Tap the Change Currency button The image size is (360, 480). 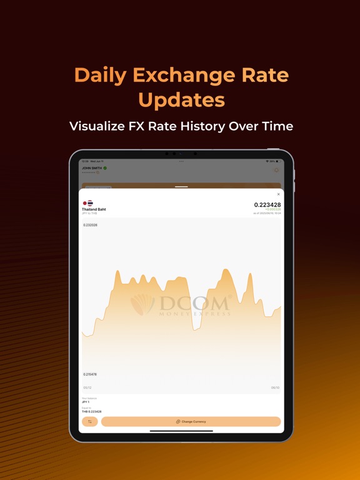[191, 422]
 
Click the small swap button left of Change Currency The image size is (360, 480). [89, 422]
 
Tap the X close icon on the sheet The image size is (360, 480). [278, 194]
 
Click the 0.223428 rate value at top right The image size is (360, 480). [267, 205]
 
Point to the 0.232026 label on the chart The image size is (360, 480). [91, 225]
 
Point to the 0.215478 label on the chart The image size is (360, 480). [91, 374]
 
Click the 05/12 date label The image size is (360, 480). [87, 387]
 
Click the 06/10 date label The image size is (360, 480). [275, 387]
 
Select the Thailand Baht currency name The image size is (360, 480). [94, 209]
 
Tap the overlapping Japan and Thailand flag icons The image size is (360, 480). [87, 203]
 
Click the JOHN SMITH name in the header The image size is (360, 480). [91, 168]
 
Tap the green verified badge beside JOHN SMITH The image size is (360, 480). [105, 168]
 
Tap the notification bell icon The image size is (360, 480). [276, 170]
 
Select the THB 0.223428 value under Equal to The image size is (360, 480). [92, 412]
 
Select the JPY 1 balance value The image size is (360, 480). [86, 402]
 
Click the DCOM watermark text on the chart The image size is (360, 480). [194, 304]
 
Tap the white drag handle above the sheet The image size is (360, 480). [181, 186]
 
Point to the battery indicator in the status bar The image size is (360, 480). [278, 161]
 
